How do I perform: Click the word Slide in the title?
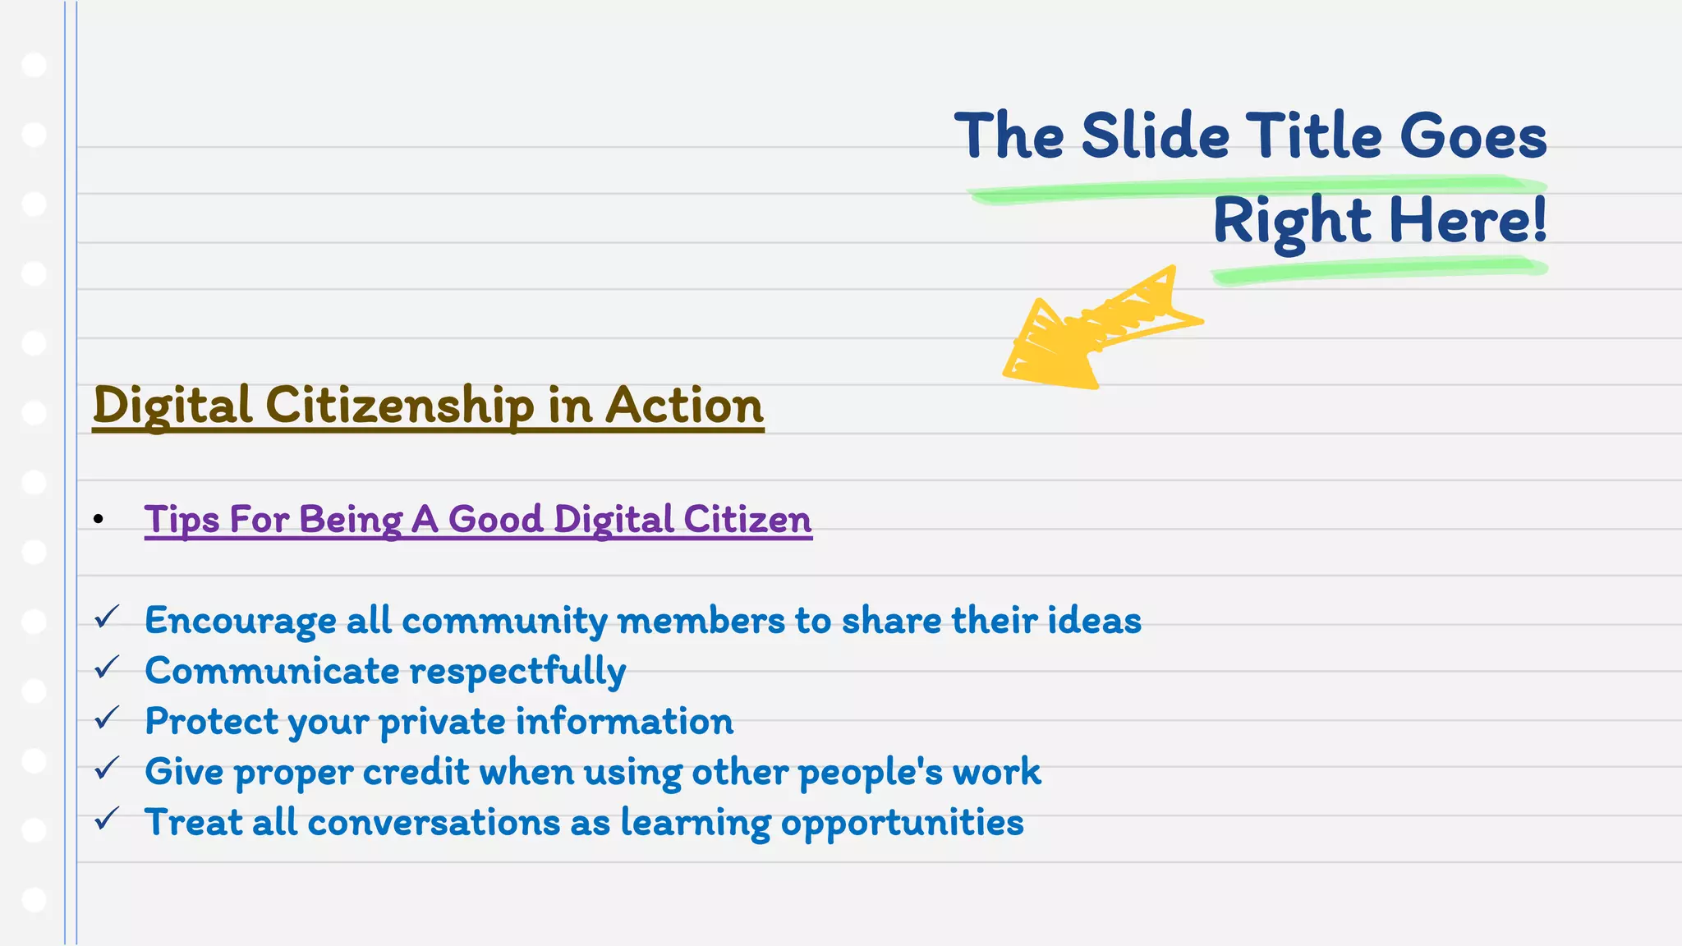tap(1155, 136)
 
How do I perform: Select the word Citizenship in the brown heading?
tap(399, 406)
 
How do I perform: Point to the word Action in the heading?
tap(684, 406)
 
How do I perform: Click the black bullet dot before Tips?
tap(99, 519)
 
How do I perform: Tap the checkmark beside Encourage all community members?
tap(107, 617)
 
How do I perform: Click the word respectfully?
tap(517, 672)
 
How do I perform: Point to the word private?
tap(442, 722)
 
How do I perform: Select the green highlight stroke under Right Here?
tap(1380, 270)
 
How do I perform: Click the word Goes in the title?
tap(1473, 136)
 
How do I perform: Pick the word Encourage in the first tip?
tap(240, 621)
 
